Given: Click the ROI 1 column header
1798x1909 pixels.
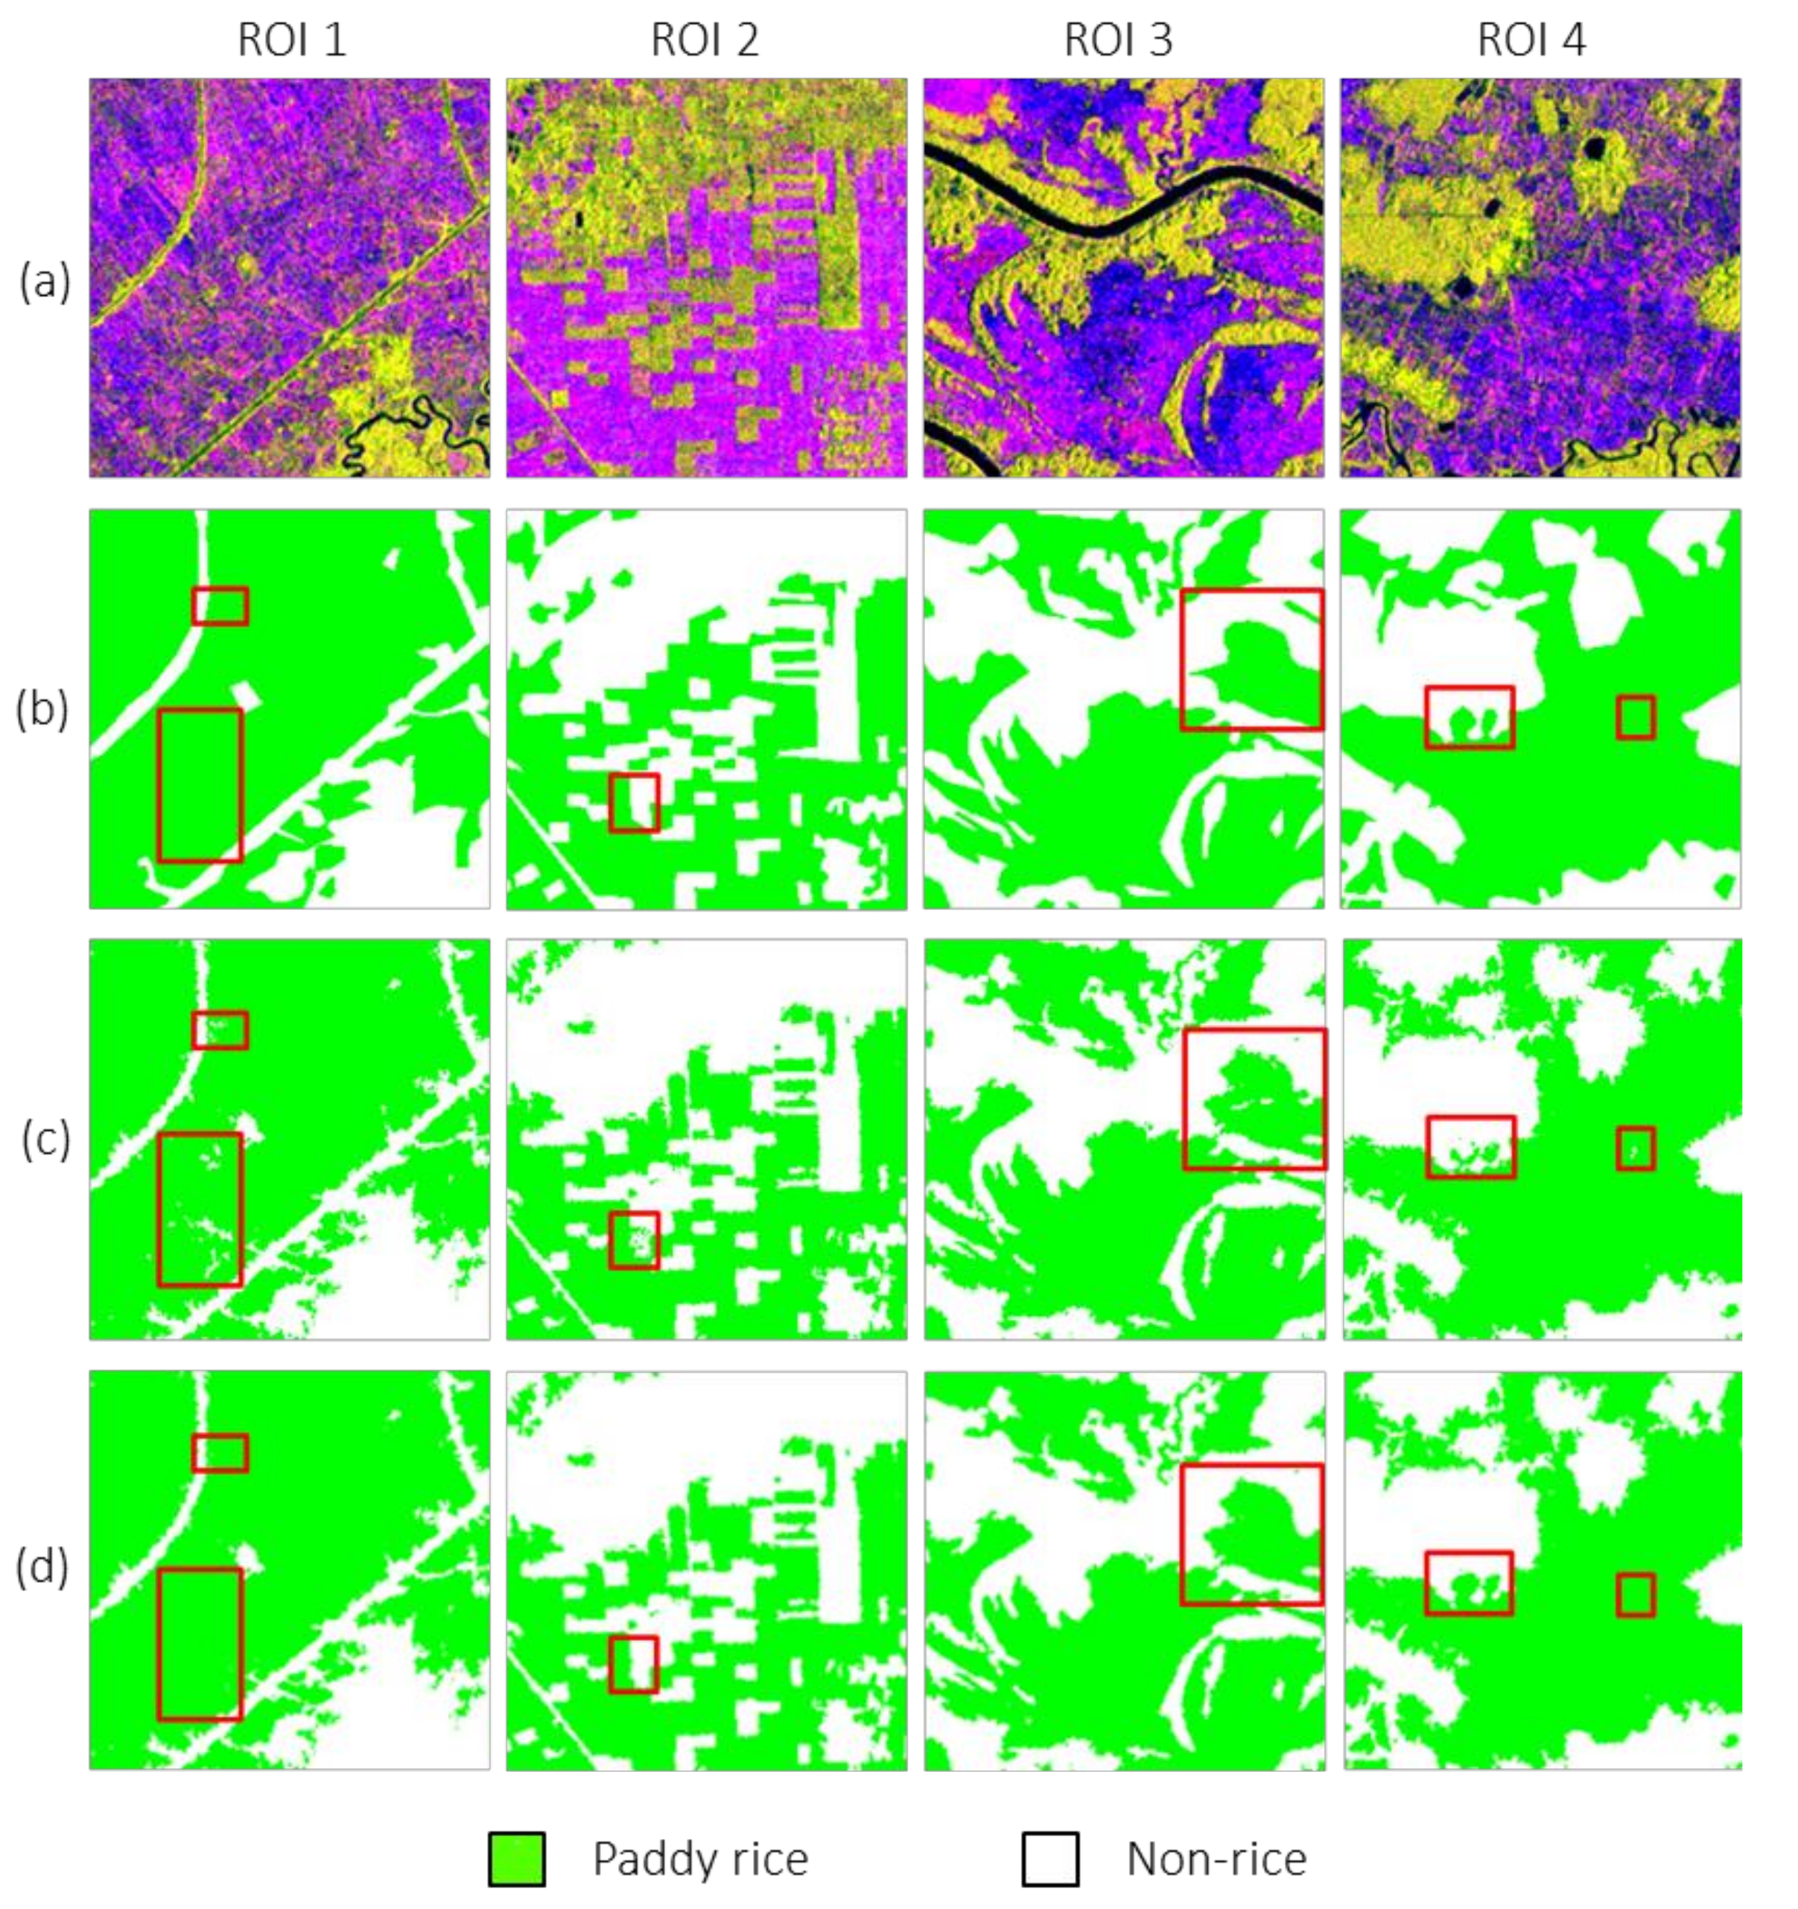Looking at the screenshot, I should tap(292, 40).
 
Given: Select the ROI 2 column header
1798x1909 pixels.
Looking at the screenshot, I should tap(705, 40).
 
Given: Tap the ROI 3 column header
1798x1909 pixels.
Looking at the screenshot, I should tap(1118, 40).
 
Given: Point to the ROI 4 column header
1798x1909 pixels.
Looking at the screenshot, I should tap(1531, 40).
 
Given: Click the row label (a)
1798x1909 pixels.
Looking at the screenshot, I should tap(44, 283).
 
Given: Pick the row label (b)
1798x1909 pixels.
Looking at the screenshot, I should tap(42, 711).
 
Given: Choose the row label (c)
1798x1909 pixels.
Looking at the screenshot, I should tap(44, 1141).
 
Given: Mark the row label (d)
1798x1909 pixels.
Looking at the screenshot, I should tap(42, 1567).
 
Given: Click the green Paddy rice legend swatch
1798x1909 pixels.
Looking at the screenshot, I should tap(517, 1859).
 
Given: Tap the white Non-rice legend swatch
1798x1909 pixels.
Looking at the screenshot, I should tap(1049, 1859).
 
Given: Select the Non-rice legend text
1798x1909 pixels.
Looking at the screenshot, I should tap(1216, 1859).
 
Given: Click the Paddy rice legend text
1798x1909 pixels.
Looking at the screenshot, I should tap(700, 1859).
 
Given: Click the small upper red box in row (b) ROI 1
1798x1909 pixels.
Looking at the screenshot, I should tap(220, 606).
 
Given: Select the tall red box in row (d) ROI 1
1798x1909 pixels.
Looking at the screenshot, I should tap(200, 1644).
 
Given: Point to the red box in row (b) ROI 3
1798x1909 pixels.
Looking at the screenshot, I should tap(1251, 660).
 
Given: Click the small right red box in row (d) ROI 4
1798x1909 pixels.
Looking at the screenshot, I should tap(1636, 1595).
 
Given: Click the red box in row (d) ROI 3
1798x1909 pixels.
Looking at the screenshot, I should tap(1251, 1534).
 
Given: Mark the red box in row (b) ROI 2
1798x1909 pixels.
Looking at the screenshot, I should tap(634, 803).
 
